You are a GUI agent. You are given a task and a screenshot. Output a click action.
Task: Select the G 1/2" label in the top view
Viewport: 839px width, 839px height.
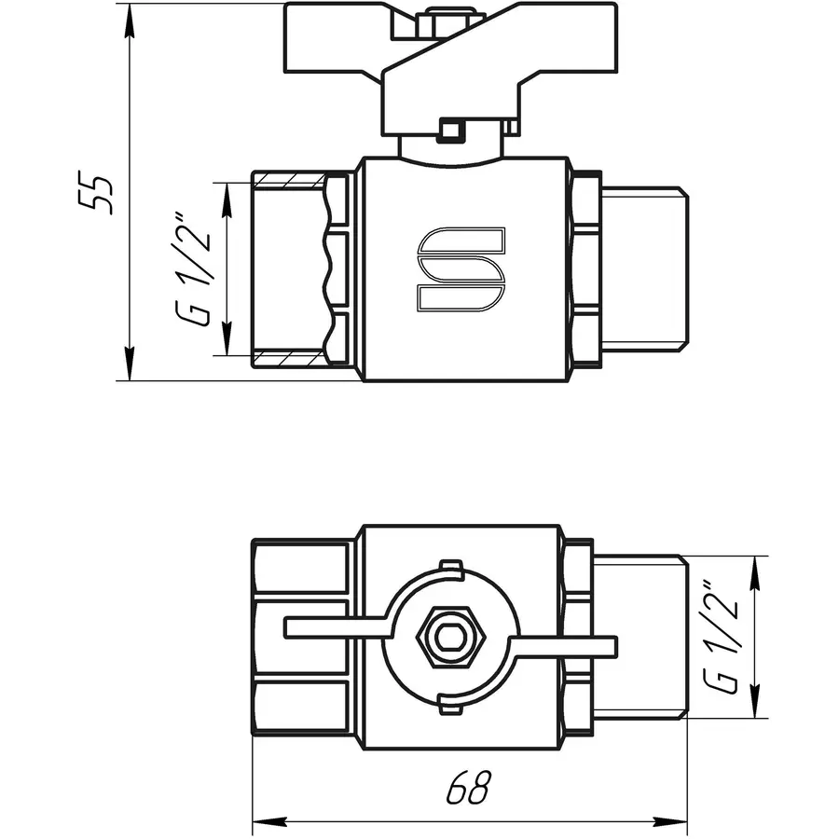722,638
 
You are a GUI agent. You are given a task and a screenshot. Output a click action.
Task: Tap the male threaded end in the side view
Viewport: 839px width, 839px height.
643,268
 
